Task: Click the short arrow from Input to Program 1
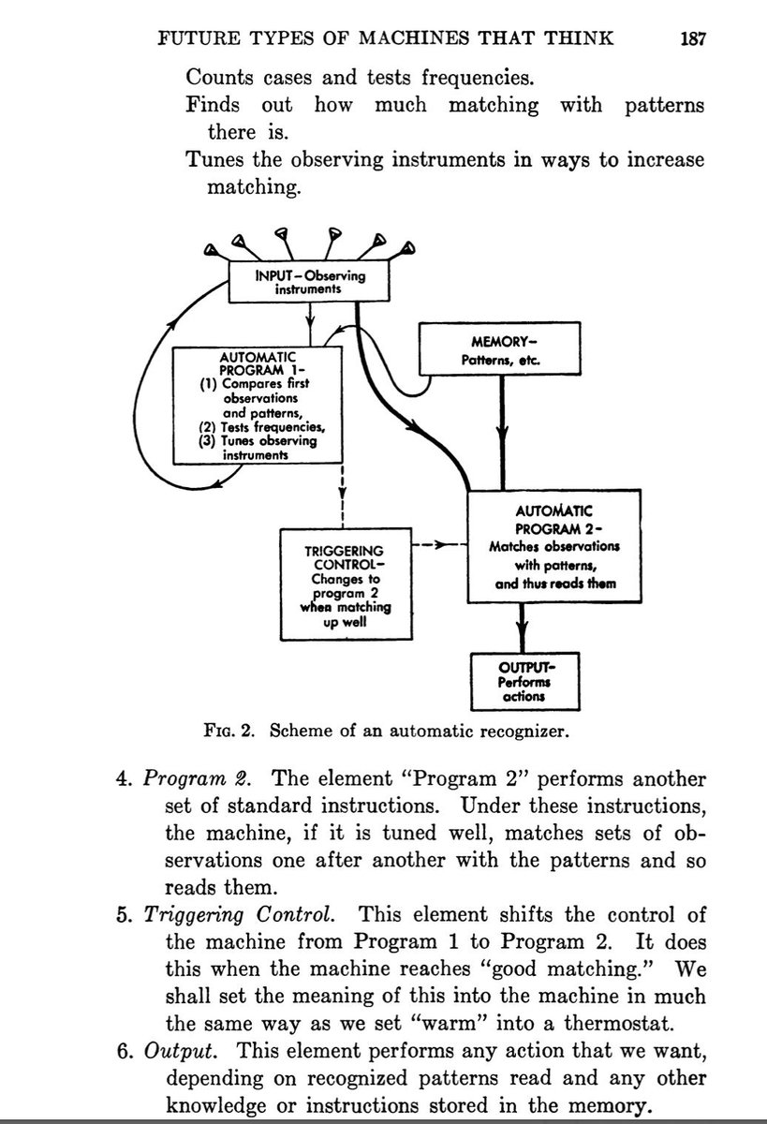(x=310, y=324)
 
